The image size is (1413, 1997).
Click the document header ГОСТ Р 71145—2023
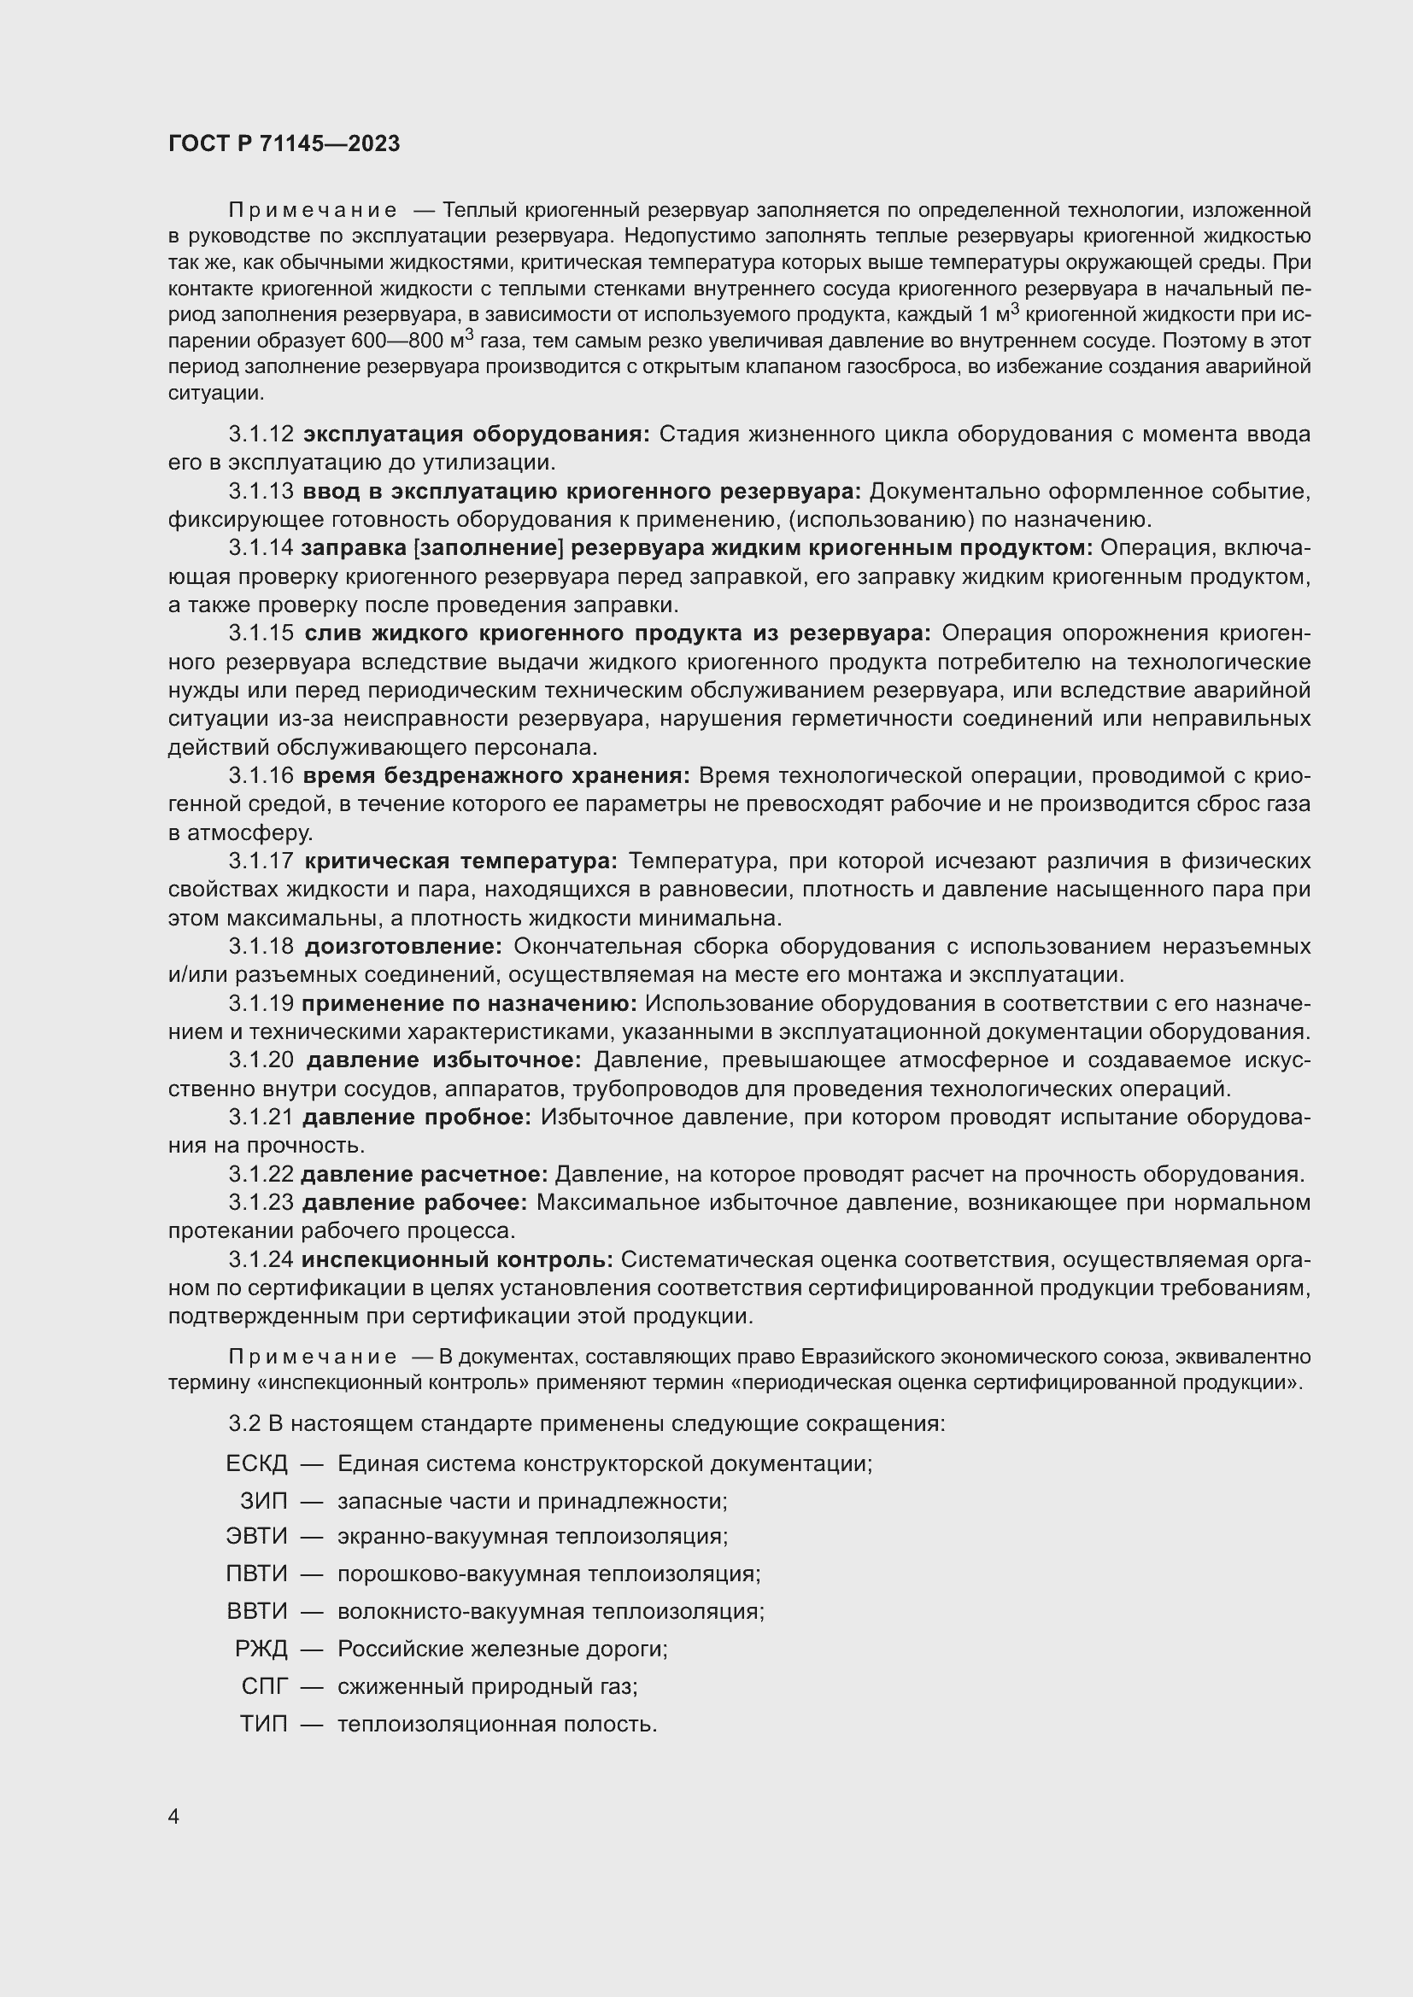click(284, 143)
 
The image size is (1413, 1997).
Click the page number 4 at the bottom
click(174, 1817)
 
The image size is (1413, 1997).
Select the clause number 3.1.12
click(261, 434)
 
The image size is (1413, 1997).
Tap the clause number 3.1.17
click(261, 861)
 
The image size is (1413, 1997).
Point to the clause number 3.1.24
click(261, 1259)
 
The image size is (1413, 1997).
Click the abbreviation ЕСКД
click(256, 1464)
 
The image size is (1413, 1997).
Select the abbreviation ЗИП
click(264, 1501)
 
